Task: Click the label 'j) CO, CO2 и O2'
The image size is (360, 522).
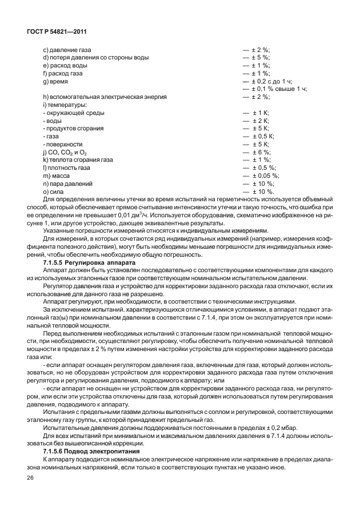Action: coord(65,153)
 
